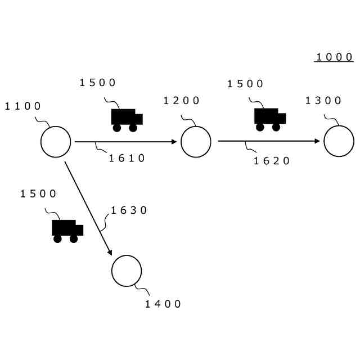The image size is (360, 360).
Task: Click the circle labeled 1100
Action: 56,142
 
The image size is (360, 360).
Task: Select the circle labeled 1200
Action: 196,142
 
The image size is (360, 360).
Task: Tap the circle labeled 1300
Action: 339,141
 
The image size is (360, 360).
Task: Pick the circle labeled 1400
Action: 127,271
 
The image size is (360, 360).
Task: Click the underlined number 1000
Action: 334,57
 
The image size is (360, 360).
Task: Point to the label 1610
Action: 127,159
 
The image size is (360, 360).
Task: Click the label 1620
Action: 272,161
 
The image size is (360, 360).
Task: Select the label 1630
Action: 129,210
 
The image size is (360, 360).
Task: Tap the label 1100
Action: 23,106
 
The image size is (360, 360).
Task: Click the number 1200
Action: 182,101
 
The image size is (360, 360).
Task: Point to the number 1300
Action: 323,101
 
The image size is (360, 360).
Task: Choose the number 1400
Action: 164,304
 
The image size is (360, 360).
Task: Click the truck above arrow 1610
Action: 126,120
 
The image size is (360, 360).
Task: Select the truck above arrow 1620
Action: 269,119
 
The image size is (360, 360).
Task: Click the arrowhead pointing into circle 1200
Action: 174,142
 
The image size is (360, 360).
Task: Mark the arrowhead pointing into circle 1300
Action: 318,141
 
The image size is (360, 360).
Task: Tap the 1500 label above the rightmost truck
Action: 245,84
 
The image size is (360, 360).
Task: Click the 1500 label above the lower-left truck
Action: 39,194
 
